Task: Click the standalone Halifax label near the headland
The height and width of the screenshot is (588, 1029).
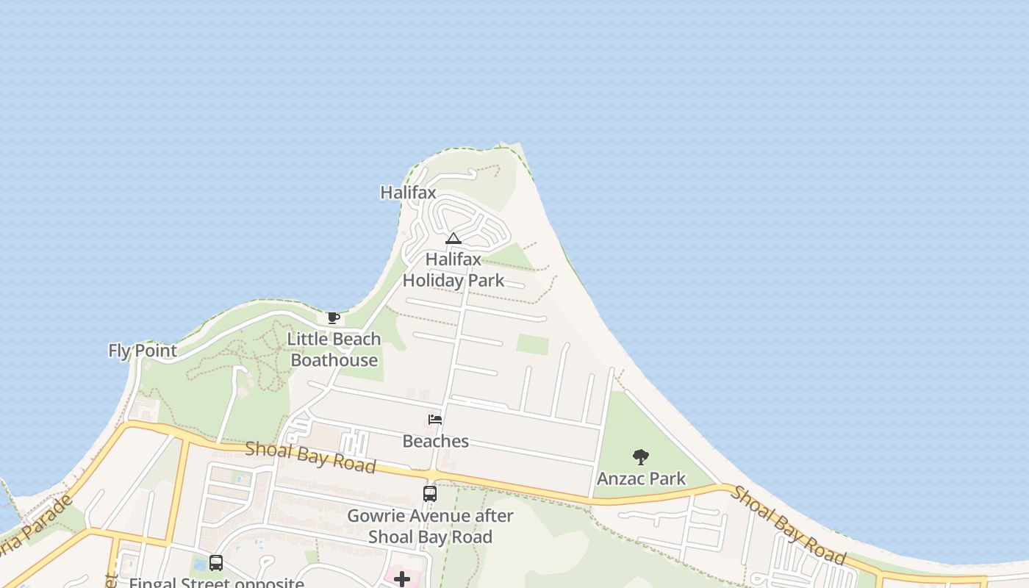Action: (408, 193)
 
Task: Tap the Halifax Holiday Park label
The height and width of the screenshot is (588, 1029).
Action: (453, 270)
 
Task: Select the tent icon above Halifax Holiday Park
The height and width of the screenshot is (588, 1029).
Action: (453, 238)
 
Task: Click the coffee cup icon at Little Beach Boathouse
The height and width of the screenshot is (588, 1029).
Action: (333, 318)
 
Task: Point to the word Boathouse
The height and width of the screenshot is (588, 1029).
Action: (334, 360)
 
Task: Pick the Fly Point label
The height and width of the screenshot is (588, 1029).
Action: (143, 351)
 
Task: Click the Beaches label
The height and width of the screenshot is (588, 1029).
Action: (436, 441)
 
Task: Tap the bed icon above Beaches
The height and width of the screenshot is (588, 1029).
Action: (435, 420)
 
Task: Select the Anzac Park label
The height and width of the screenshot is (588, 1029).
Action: (641, 478)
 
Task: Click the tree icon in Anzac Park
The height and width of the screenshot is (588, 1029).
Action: (641, 457)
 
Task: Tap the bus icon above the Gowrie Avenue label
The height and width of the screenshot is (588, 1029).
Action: (430, 494)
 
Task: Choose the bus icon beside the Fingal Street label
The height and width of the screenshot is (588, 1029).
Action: (216, 563)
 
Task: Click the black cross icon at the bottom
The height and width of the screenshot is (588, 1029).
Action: (402, 579)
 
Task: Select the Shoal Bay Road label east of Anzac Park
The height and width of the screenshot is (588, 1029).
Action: (786, 525)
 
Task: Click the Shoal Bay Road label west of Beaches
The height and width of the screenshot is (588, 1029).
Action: (310, 457)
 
